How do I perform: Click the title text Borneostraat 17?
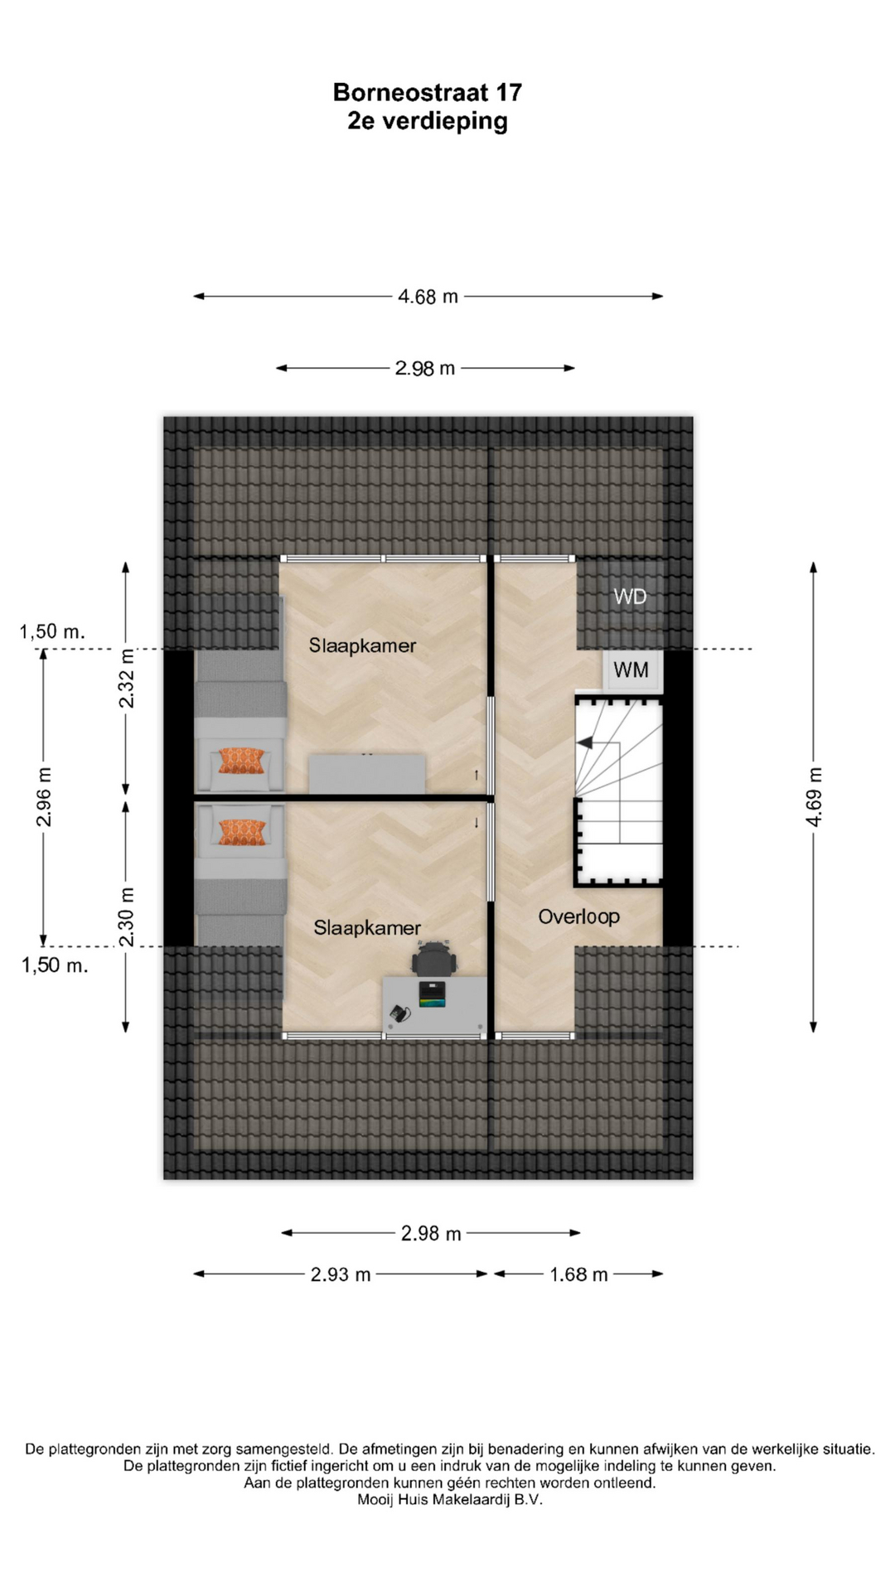[x=428, y=92]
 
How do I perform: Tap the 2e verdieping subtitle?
[x=428, y=121]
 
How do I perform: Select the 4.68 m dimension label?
[x=428, y=297]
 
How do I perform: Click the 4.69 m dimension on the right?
[x=814, y=796]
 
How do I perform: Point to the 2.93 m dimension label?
[x=341, y=1274]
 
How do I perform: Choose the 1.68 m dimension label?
[x=578, y=1274]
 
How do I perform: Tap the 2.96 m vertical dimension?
[x=44, y=796]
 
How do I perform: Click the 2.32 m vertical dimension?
[x=126, y=679]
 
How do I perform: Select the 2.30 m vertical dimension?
[x=126, y=916]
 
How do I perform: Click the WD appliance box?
[x=630, y=597]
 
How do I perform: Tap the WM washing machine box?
[x=631, y=670]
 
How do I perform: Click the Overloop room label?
[x=578, y=916]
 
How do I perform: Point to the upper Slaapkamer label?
[x=362, y=646]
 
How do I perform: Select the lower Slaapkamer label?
[x=367, y=928]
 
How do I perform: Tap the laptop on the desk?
[x=433, y=994]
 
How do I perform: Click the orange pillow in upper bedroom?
[x=241, y=761]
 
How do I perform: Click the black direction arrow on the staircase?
[x=585, y=743]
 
